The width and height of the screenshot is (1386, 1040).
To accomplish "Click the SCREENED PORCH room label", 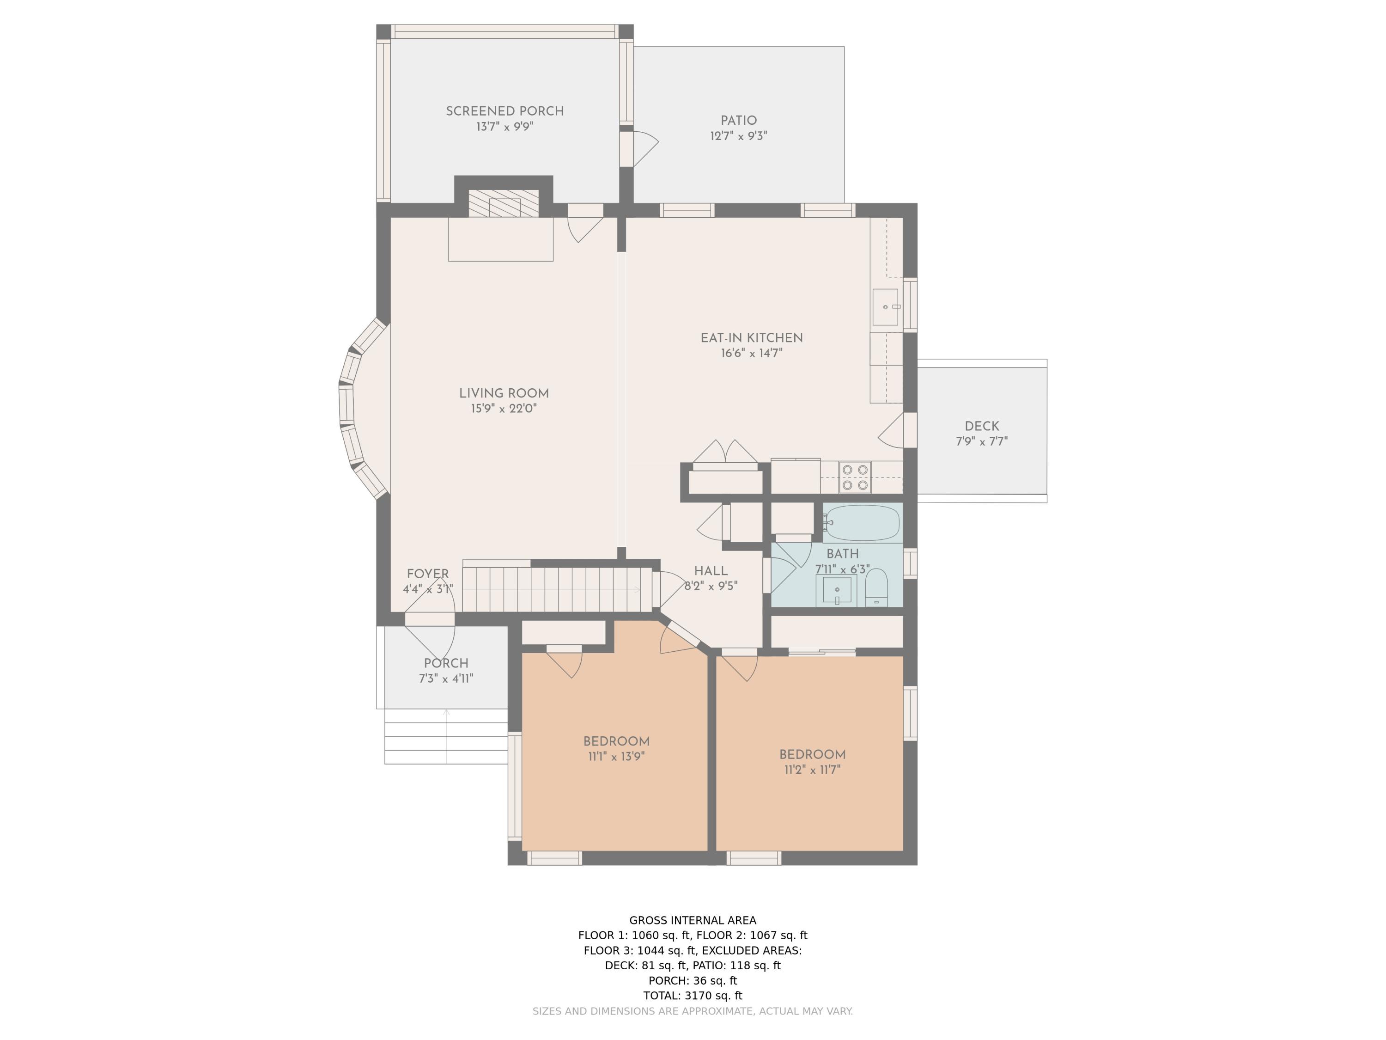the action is click(x=505, y=111).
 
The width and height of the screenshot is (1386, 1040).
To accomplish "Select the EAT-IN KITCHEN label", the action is click(x=751, y=338).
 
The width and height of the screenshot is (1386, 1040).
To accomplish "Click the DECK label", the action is click(x=982, y=426).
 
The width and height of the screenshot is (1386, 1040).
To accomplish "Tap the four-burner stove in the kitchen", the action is click(x=855, y=477).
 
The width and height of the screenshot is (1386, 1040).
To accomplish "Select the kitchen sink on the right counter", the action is click(x=885, y=307).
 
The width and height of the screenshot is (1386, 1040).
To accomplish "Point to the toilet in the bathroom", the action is click(x=876, y=588).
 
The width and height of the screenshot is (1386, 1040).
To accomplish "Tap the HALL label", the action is click(x=711, y=571).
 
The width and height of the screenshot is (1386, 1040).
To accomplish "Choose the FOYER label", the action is click(x=428, y=574).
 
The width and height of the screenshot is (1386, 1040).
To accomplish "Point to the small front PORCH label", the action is click(x=446, y=663).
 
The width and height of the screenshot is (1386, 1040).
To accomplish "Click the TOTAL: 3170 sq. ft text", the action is click(x=693, y=996).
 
